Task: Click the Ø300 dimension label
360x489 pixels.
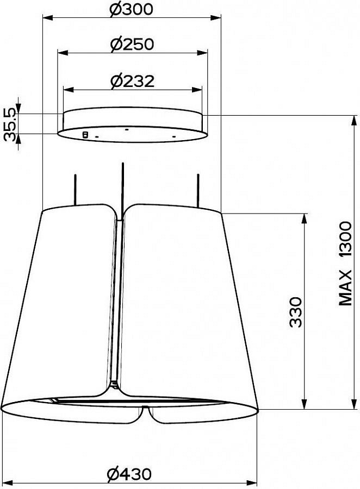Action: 132,9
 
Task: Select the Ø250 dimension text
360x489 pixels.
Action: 132,45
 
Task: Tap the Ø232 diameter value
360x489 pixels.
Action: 132,81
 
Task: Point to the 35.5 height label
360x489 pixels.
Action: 11,125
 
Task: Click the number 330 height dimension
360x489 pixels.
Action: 296,312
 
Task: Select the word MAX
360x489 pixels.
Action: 345,287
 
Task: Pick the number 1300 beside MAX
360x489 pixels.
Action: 345,239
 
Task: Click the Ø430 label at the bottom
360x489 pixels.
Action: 129,474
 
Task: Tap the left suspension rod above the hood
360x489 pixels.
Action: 75,190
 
